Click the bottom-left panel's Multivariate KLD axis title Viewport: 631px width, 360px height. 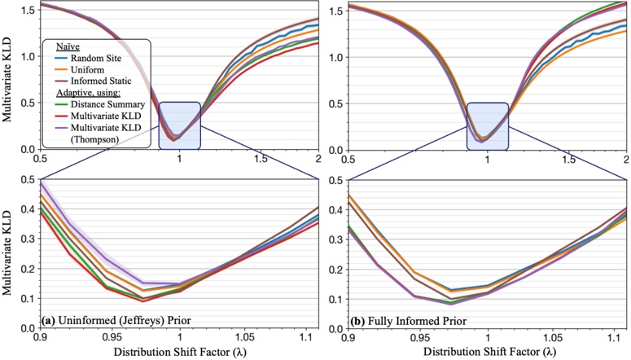point(8,252)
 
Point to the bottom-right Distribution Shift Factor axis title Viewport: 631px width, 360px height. point(487,352)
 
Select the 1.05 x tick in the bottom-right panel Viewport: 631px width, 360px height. point(557,336)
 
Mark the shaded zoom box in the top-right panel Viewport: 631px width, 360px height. point(487,125)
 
